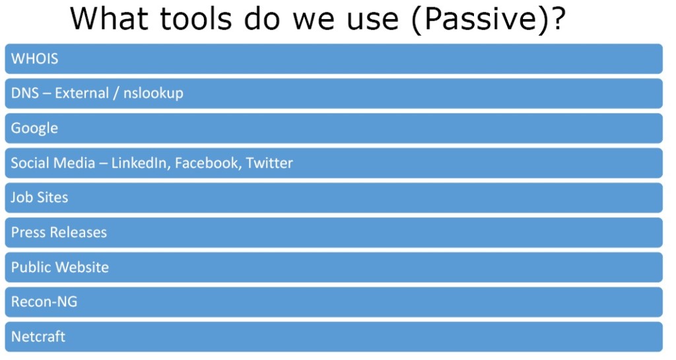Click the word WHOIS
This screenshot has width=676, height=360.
(x=34, y=59)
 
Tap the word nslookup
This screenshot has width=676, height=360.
(x=153, y=94)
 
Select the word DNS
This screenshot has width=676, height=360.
(x=25, y=93)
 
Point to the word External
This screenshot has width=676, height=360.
(x=81, y=93)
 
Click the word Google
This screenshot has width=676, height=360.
(x=34, y=129)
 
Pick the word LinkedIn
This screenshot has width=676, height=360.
(x=139, y=163)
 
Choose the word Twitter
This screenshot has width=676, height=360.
(x=269, y=163)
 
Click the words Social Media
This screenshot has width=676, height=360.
(x=53, y=163)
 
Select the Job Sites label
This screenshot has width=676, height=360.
(x=39, y=198)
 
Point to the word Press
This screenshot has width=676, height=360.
(x=28, y=233)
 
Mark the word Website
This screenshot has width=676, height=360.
(x=83, y=268)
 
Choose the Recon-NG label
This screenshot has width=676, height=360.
(x=44, y=302)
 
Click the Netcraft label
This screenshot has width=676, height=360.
(x=38, y=337)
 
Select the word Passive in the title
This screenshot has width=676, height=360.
(x=482, y=19)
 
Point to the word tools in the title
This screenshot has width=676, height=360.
(x=195, y=18)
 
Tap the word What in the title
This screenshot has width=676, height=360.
(x=109, y=18)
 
